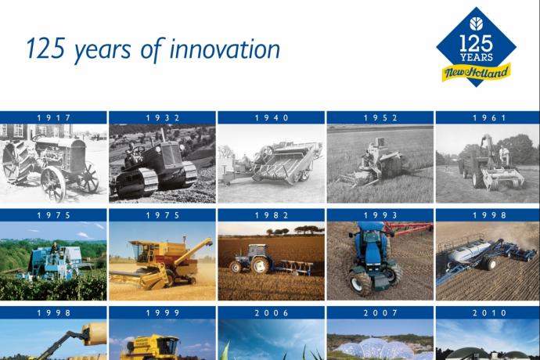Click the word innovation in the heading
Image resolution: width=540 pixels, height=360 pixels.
click(225, 49)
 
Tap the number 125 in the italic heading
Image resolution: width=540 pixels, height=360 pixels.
click(45, 49)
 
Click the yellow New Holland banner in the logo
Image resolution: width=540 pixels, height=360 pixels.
click(477, 72)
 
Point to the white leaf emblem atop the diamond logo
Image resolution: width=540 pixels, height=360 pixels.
click(476, 23)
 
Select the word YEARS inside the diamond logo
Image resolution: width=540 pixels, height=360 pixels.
click(477, 57)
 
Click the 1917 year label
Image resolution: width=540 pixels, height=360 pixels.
click(54, 118)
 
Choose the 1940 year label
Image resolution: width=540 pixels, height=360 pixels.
click(272, 118)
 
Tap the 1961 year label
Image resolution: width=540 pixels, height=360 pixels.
click(489, 118)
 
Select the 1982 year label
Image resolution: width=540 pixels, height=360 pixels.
click(272, 215)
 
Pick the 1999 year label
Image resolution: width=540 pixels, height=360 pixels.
click(163, 313)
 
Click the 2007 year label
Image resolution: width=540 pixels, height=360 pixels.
click(380, 313)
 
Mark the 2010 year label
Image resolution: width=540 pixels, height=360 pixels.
click(489, 313)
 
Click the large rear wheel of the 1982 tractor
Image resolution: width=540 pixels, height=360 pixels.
click(260, 265)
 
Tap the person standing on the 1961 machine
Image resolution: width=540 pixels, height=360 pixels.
click(504, 154)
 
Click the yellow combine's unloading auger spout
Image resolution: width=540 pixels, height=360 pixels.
click(207, 243)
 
